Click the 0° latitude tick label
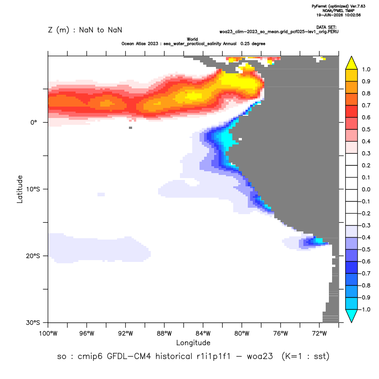34,123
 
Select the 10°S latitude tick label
33,189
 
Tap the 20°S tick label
33,256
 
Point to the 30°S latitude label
33,323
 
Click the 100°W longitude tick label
48,333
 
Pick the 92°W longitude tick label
126,333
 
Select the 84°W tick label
203,333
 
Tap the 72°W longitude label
319,333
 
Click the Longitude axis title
193,343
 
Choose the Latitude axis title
20,189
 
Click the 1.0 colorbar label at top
366,70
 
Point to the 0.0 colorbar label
366,189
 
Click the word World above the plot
192,39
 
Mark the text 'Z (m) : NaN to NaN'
85,30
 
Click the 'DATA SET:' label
326,27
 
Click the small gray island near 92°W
131,128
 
